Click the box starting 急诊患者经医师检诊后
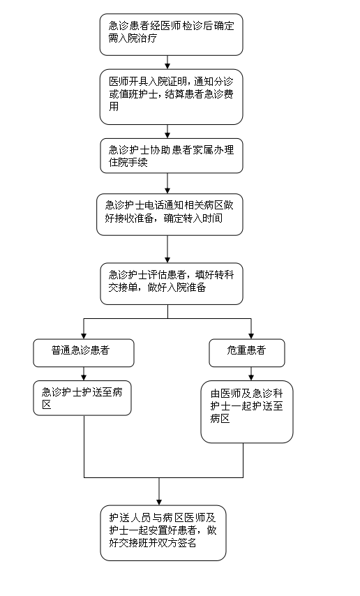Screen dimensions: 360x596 pyautogui.click(x=171, y=35)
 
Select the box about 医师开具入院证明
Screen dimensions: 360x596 pyautogui.click(x=171, y=96)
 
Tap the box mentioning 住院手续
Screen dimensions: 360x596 pyautogui.click(x=171, y=156)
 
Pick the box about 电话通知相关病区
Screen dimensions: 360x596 pyautogui.click(x=170, y=214)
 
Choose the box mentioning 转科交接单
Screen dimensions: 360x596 pyautogui.click(x=171, y=283)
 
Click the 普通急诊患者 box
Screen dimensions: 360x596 pyautogui.click(x=84, y=353)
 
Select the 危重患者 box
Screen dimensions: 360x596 pyautogui.click(x=247, y=353)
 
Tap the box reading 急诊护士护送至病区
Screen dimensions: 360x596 pyautogui.click(x=82, y=398)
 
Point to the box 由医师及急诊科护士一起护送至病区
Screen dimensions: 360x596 pyautogui.click(x=247, y=412)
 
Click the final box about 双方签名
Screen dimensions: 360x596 pyautogui.click(x=163, y=532)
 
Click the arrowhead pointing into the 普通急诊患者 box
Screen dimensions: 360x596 pyautogui.click(x=84, y=336)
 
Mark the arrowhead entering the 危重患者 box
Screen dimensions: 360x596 pyautogui.click(x=251, y=336)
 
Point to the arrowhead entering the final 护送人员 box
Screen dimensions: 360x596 pyautogui.click(x=159, y=502)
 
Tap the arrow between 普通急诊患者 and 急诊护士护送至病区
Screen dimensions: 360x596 pyautogui.click(x=84, y=374)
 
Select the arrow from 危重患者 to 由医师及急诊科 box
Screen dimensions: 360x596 pyautogui.click(x=251, y=374)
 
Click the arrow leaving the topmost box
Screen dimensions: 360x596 pyautogui.click(x=167, y=62)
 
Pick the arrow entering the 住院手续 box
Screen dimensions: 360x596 pyautogui.click(x=167, y=131)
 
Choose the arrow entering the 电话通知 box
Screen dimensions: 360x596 pyautogui.click(x=167, y=184)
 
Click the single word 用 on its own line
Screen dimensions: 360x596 pyautogui.click(x=114, y=106)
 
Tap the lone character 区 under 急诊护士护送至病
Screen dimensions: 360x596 pyautogui.click(x=46, y=405)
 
